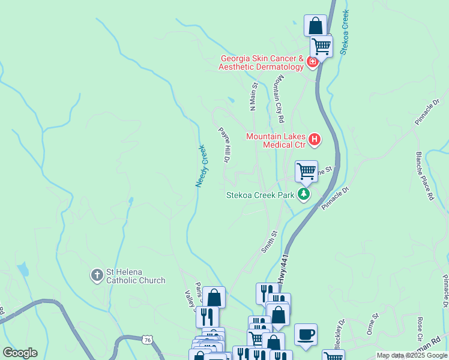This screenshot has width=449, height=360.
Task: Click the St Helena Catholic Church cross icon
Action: [x=97, y=276]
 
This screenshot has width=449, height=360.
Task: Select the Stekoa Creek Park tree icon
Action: [x=304, y=194]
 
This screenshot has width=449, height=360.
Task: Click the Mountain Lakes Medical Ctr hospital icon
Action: [x=315, y=141]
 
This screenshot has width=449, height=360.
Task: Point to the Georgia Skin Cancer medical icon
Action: [x=312, y=62]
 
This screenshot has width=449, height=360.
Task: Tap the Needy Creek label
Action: [x=200, y=166]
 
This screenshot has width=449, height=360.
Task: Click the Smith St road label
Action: [x=270, y=241]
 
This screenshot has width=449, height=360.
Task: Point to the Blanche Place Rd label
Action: [x=423, y=175]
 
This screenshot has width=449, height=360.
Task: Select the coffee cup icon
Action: [x=306, y=334]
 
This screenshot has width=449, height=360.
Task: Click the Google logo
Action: [x=20, y=353]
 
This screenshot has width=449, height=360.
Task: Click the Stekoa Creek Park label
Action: [x=261, y=195]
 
